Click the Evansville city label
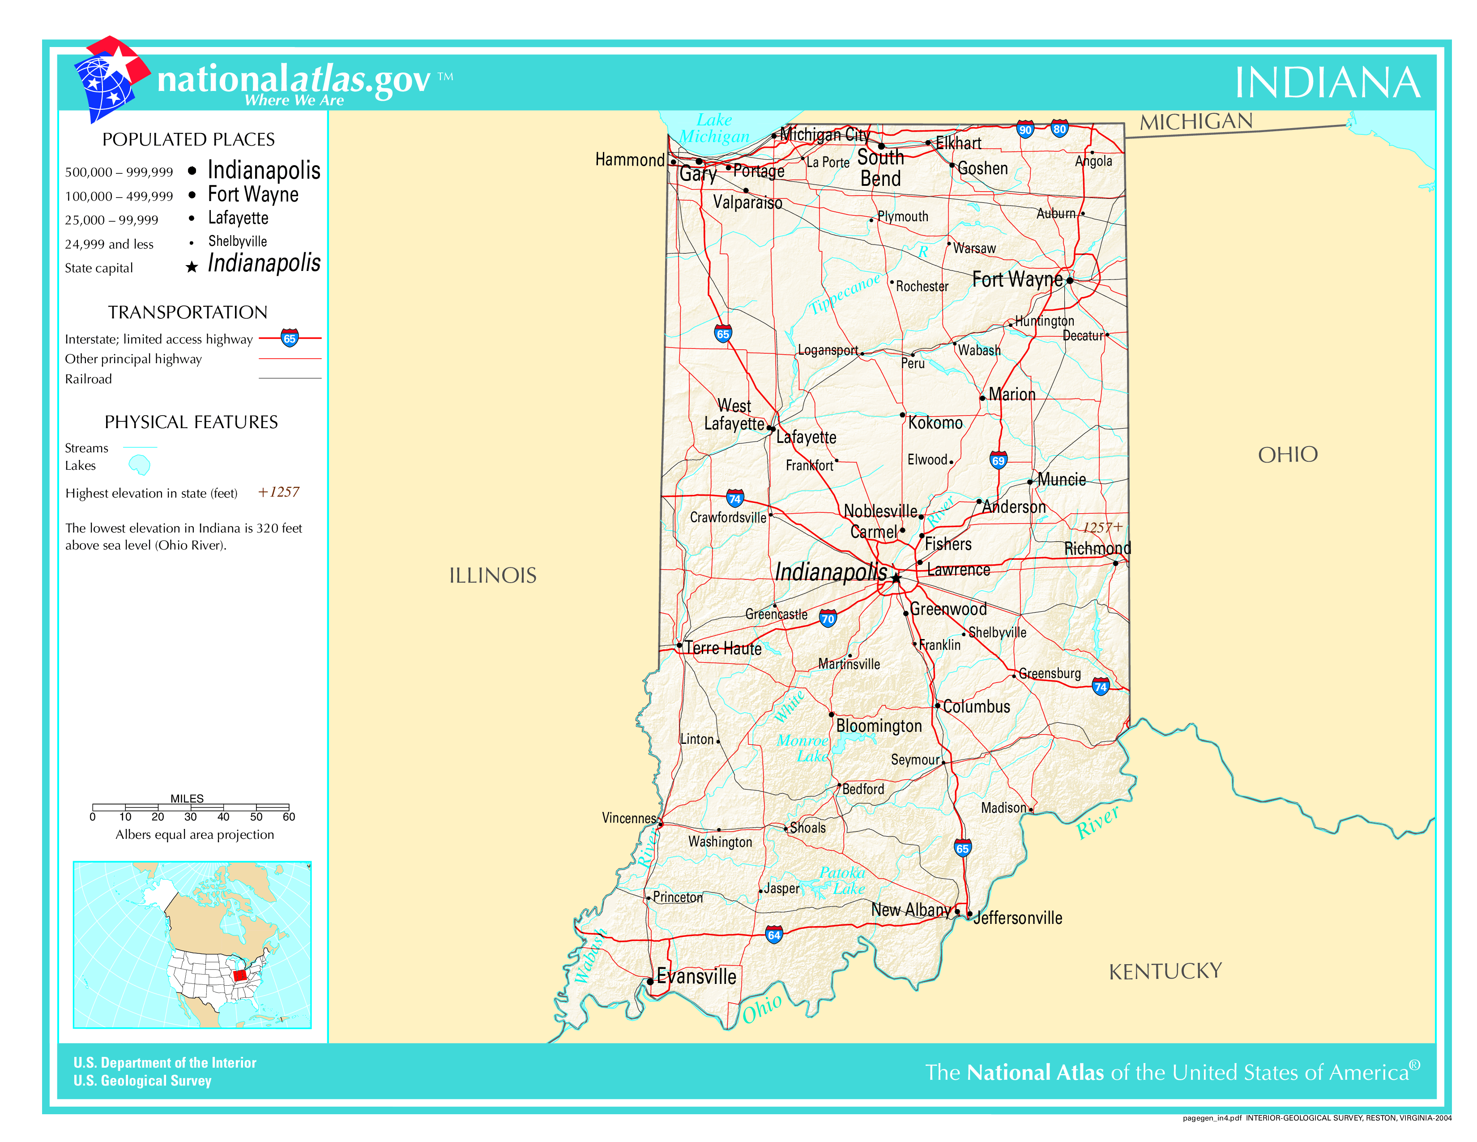pos(696,976)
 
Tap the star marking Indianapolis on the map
pos(896,578)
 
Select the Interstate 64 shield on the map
pos(774,935)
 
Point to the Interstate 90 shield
pos(1025,130)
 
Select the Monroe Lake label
pos(803,748)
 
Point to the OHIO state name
pos(1288,455)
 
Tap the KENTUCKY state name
pos(1165,971)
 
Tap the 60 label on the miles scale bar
pos(289,816)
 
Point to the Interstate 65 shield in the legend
pos(290,338)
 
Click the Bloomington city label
pos(879,726)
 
